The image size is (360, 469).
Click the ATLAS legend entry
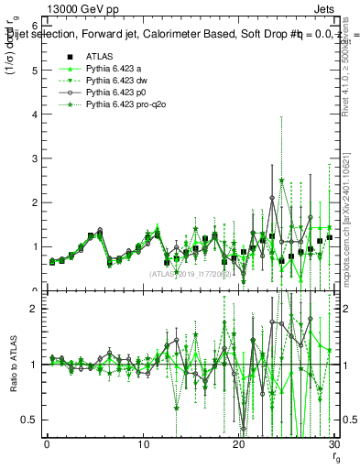99,55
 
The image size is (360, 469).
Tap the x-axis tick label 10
143,444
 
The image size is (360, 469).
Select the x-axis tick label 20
238,444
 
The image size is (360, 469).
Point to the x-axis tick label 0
48,444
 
